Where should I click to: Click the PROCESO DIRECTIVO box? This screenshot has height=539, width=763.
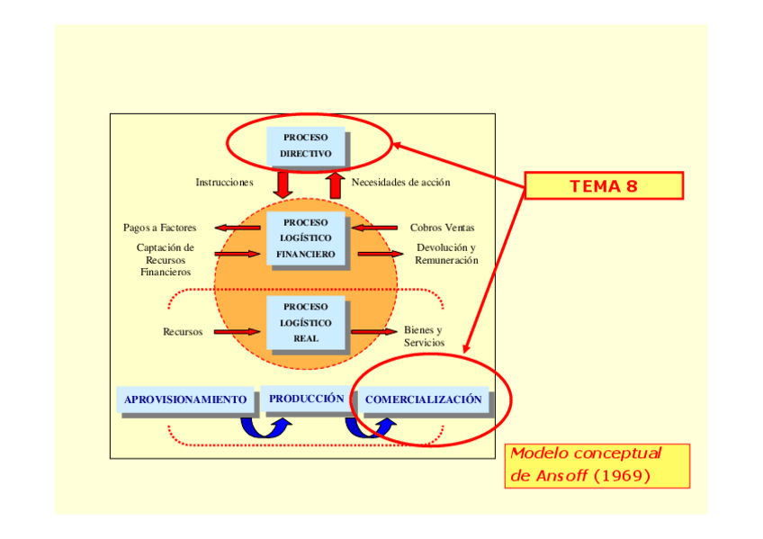[306, 146]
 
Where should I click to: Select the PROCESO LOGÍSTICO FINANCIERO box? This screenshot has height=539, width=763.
[306, 238]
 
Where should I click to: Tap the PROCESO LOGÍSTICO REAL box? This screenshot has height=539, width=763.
[306, 323]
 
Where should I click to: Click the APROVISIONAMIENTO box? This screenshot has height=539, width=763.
[185, 400]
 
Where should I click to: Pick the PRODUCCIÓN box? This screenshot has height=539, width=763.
[306, 399]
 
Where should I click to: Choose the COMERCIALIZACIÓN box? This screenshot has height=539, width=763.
[423, 400]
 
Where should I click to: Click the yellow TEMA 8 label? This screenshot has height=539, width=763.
[603, 186]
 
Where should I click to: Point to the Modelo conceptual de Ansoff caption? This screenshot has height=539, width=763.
[597, 465]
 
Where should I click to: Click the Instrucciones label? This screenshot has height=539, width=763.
[224, 183]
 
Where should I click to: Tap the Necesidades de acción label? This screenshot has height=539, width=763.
[400, 183]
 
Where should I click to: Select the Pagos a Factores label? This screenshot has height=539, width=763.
[160, 228]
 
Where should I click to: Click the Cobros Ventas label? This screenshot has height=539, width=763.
[442, 228]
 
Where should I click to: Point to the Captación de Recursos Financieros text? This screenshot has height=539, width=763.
[166, 259]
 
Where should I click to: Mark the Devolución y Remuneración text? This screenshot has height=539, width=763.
[446, 254]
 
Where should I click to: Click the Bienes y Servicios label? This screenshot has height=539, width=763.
[424, 337]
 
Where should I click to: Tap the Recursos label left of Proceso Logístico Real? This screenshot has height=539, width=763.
[183, 332]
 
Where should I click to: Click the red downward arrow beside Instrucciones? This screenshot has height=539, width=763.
[283, 184]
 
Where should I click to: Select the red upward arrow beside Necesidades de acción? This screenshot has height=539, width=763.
[336, 184]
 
